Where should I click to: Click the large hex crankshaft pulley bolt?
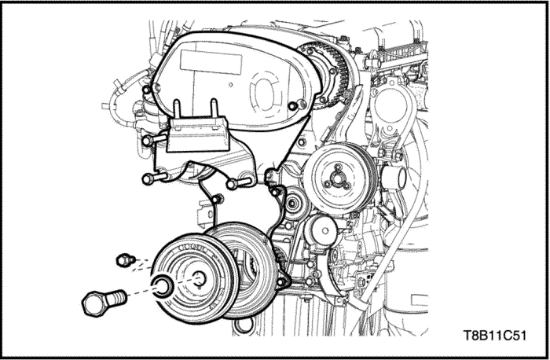(101, 301)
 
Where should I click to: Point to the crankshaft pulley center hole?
(198, 277)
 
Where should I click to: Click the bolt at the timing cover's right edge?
(293, 107)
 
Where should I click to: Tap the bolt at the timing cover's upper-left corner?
(145, 91)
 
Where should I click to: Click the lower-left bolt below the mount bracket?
(153, 178)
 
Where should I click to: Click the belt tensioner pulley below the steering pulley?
(322, 230)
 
